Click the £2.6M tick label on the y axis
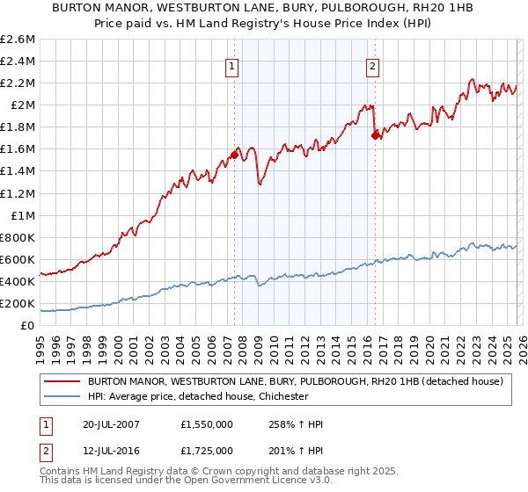point(18,40)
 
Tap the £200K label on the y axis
point(18,303)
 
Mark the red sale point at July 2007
point(234,155)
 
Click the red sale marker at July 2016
point(376,135)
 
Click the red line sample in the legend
point(62,381)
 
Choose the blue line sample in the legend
point(62,396)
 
